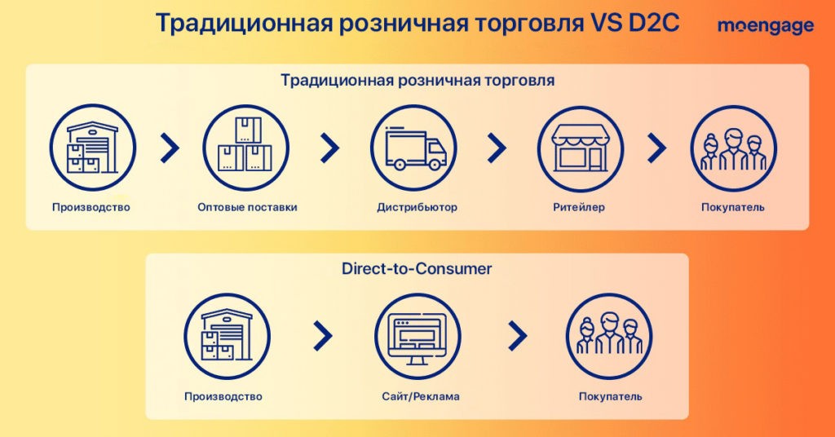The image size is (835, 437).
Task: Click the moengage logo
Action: [766, 25]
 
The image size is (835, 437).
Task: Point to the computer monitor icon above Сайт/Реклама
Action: [417, 337]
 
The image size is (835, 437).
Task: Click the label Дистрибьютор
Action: [417, 207]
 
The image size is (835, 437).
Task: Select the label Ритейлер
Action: [579, 207]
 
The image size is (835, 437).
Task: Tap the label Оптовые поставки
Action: [247, 207]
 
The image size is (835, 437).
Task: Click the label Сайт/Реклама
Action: [421, 396]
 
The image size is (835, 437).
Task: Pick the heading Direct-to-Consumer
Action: [417, 268]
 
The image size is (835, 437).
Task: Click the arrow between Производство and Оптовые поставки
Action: [170, 148]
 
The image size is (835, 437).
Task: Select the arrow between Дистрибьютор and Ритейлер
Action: [497, 148]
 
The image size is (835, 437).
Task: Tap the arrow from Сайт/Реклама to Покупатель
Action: [517, 337]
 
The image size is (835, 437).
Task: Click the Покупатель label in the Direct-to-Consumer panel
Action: [610, 396]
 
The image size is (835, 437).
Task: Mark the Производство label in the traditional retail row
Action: [91, 207]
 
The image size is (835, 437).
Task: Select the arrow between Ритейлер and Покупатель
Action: [656, 148]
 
